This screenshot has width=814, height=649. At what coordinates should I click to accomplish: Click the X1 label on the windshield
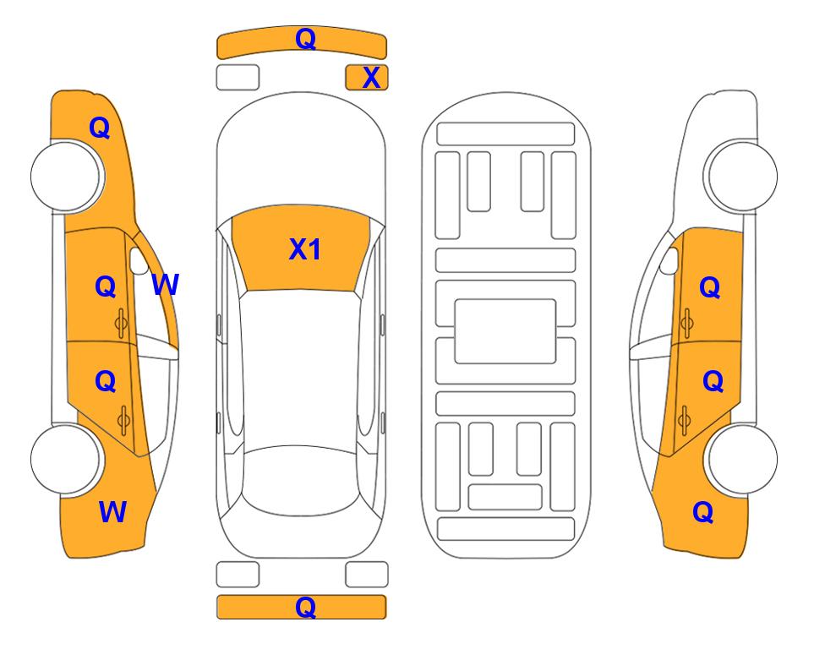305,249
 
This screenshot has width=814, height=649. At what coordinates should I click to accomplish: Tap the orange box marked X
367,78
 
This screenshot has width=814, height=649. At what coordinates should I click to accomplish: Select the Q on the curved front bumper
305,39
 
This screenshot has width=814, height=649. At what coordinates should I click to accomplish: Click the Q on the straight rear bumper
305,607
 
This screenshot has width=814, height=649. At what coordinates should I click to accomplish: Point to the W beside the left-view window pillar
165,284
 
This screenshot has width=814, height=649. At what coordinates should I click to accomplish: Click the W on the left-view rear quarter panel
112,511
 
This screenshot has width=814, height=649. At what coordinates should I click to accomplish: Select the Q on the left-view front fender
100,128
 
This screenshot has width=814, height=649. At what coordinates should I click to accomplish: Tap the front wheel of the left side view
66,176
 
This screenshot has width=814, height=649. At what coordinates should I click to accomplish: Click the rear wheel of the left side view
66,459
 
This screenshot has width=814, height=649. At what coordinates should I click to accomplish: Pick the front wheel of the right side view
742,176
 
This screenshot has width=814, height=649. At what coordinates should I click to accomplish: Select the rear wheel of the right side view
742,459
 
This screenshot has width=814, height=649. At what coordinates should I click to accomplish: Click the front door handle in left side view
121,323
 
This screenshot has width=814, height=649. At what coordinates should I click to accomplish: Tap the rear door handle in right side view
684,420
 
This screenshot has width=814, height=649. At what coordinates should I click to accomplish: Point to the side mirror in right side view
669,260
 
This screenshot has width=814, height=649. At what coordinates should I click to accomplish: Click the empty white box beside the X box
238,78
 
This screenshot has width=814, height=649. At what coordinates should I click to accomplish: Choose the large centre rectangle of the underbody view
505,331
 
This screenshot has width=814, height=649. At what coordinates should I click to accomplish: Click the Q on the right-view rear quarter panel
703,512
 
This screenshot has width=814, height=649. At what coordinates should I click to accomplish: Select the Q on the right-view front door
710,287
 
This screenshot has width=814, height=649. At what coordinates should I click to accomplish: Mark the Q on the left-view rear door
106,382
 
